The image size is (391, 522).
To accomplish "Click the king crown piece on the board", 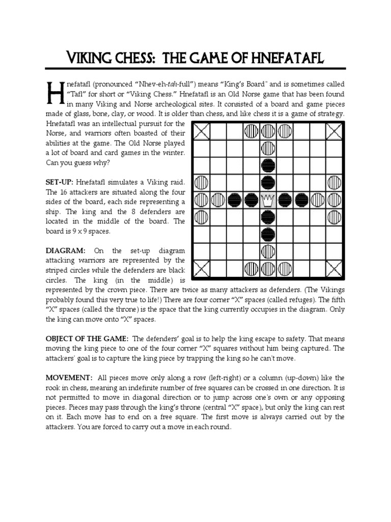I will pyautogui.click(x=268, y=200).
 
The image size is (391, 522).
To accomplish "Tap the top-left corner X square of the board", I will pyautogui.click(x=202, y=133).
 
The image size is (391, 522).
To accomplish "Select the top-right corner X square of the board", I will pyautogui.click(x=334, y=133).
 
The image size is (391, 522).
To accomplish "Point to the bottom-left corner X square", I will pyautogui.click(x=202, y=267).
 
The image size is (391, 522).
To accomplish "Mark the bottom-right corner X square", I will pyautogui.click(x=334, y=267).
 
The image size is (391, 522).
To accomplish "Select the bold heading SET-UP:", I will pyautogui.click(x=60, y=182).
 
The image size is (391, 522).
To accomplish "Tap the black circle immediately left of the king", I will pyautogui.click(x=251, y=200).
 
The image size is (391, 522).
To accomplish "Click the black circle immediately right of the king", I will pyautogui.click(x=285, y=200).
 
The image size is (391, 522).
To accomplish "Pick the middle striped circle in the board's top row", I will pyautogui.click(x=268, y=133).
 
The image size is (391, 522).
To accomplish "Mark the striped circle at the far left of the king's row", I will pyautogui.click(x=202, y=200).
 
